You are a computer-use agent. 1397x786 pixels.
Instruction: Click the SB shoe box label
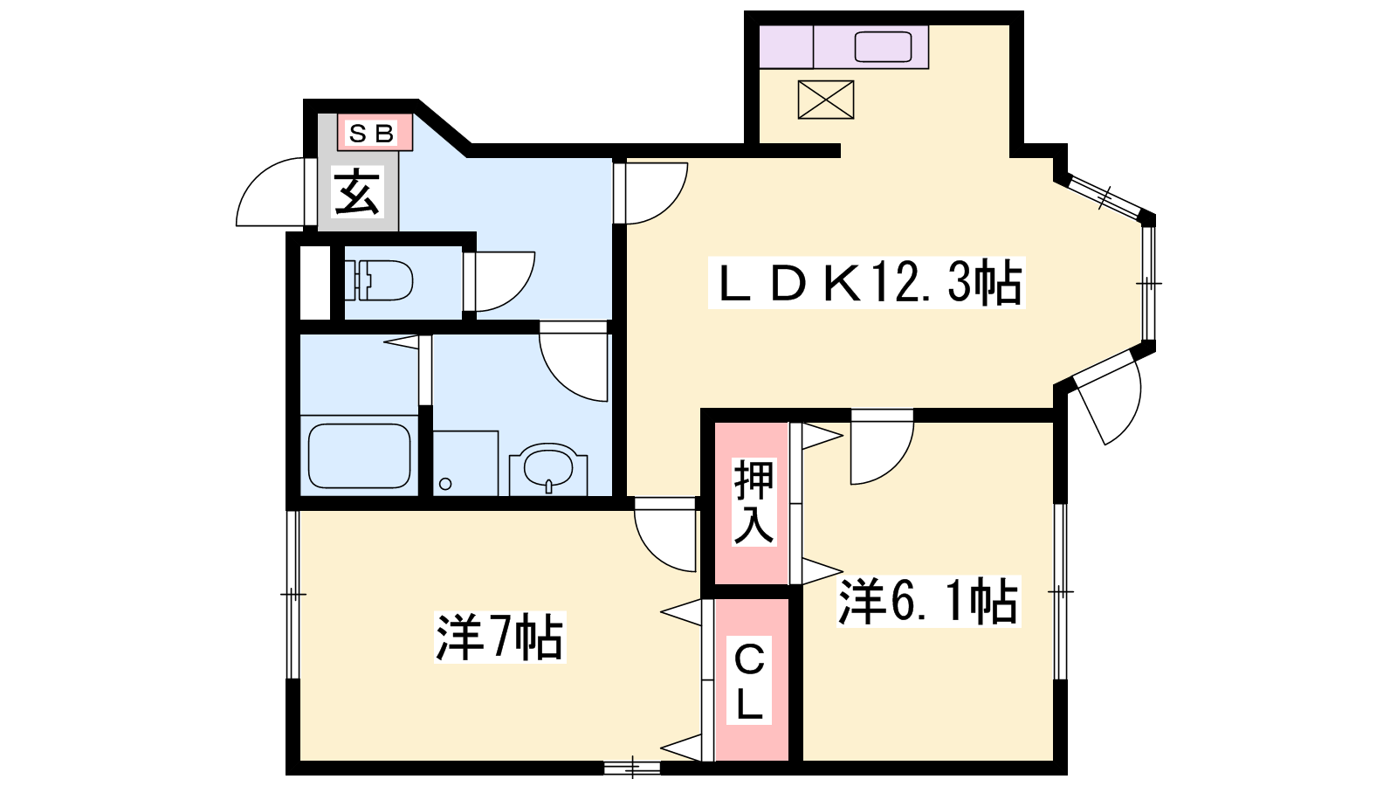point(372,133)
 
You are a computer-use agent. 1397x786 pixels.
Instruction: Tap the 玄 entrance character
point(356,192)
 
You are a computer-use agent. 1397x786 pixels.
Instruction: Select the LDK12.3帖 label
point(866,283)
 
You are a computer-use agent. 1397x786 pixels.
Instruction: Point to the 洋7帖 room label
point(499,637)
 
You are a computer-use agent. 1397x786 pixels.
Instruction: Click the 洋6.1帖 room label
point(928,602)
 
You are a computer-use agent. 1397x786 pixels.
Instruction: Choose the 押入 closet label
point(754,502)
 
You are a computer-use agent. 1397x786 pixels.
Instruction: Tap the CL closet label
point(749,680)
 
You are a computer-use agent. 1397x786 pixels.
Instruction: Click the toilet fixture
point(379,280)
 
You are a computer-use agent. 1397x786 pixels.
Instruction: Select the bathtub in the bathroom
point(359,456)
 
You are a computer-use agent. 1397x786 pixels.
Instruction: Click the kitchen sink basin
point(883,47)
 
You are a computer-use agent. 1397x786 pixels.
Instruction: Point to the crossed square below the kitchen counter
point(826,100)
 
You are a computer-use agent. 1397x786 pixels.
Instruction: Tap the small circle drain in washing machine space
point(445,484)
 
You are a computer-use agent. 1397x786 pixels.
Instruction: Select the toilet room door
point(499,281)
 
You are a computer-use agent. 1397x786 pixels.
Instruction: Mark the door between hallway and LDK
point(650,192)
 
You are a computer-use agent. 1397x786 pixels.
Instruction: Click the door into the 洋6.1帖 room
point(882,446)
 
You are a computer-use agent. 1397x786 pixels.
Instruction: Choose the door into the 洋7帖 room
point(664,534)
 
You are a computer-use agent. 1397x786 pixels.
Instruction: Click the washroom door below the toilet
point(573,362)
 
